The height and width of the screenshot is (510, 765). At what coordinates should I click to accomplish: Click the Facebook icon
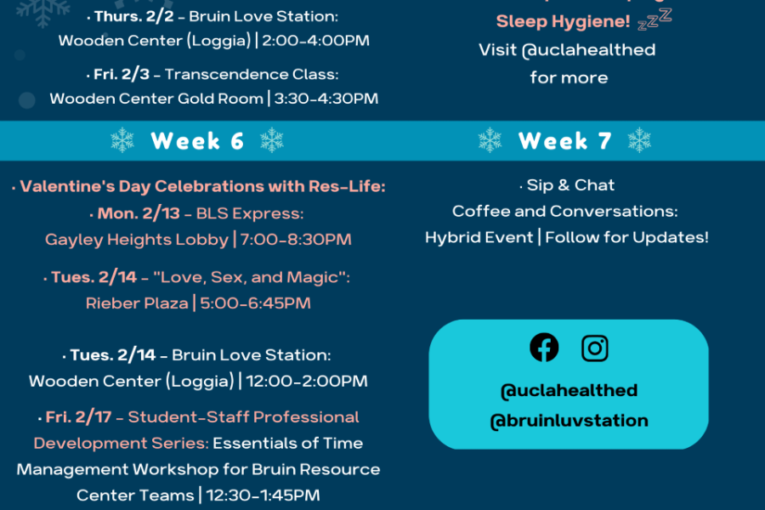click(544, 348)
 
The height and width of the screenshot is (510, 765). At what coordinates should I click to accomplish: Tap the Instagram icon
click(595, 348)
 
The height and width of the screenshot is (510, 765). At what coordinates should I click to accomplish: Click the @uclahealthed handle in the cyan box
click(569, 390)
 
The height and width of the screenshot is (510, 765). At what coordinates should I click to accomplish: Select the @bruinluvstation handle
click(569, 420)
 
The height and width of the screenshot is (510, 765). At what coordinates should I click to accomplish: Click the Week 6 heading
click(197, 141)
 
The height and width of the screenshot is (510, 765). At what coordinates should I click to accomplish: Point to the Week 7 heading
click(564, 141)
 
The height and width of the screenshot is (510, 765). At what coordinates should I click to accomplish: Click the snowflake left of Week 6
click(123, 141)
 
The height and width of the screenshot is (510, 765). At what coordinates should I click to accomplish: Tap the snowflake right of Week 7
click(638, 141)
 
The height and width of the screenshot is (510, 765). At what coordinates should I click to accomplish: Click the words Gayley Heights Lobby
click(137, 240)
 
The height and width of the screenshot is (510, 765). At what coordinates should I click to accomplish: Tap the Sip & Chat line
click(568, 185)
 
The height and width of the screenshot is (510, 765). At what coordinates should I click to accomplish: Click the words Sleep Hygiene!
click(562, 21)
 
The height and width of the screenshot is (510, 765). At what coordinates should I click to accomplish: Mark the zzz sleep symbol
click(654, 18)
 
